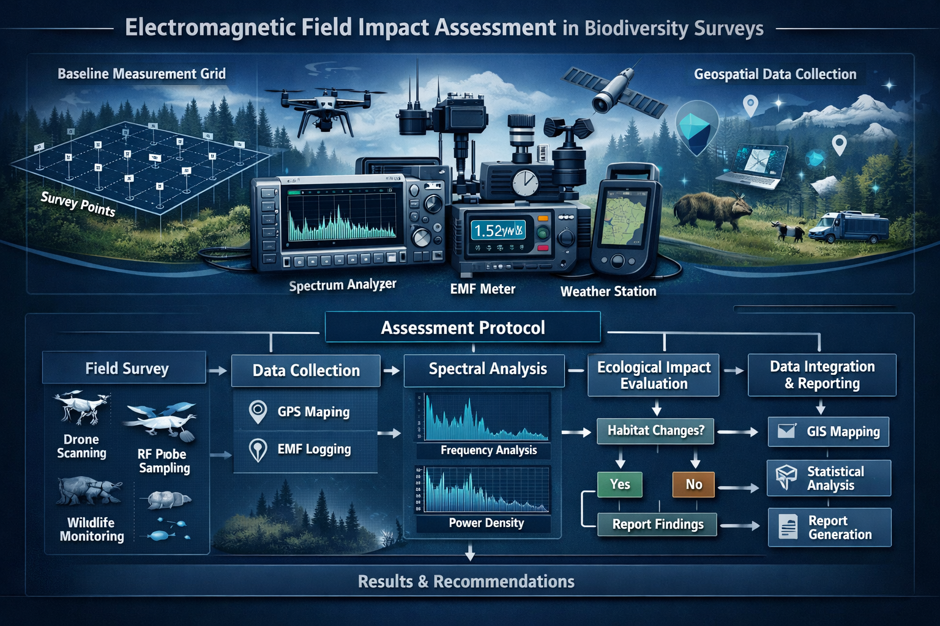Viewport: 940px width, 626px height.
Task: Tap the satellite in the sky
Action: pyautogui.click(x=614, y=90)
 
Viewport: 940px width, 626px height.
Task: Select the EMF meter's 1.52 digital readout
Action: pyautogui.click(x=498, y=230)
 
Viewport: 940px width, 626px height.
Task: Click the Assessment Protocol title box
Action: pyautogui.click(x=463, y=328)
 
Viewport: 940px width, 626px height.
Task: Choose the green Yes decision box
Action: pyautogui.click(x=619, y=484)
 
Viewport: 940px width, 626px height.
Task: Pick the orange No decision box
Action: pyautogui.click(x=693, y=484)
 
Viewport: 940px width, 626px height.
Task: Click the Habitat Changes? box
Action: pyautogui.click(x=655, y=430)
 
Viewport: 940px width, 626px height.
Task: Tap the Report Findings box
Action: pyautogui.click(x=657, y=524)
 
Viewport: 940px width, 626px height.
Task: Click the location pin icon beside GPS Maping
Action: pyautogui.click(x=258, y=411)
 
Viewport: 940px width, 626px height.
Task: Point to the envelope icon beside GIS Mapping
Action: pyautogui.click(x=786, y=431)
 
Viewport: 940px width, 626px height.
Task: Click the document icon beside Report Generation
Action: pyautogui.click(x=788, y=527)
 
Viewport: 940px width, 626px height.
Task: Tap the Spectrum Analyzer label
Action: pyautogui.click(x=343, y=285)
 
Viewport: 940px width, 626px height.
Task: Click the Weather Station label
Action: pyautogui.click(x=608, y=292)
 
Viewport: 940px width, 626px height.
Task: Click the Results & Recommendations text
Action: pyautogui.click(x=466, y=581)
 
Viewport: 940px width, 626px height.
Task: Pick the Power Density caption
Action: pyautogui.click(x=486, y=523)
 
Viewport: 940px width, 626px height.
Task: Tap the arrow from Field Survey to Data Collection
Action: pyautogui.click(x=218, y=370)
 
